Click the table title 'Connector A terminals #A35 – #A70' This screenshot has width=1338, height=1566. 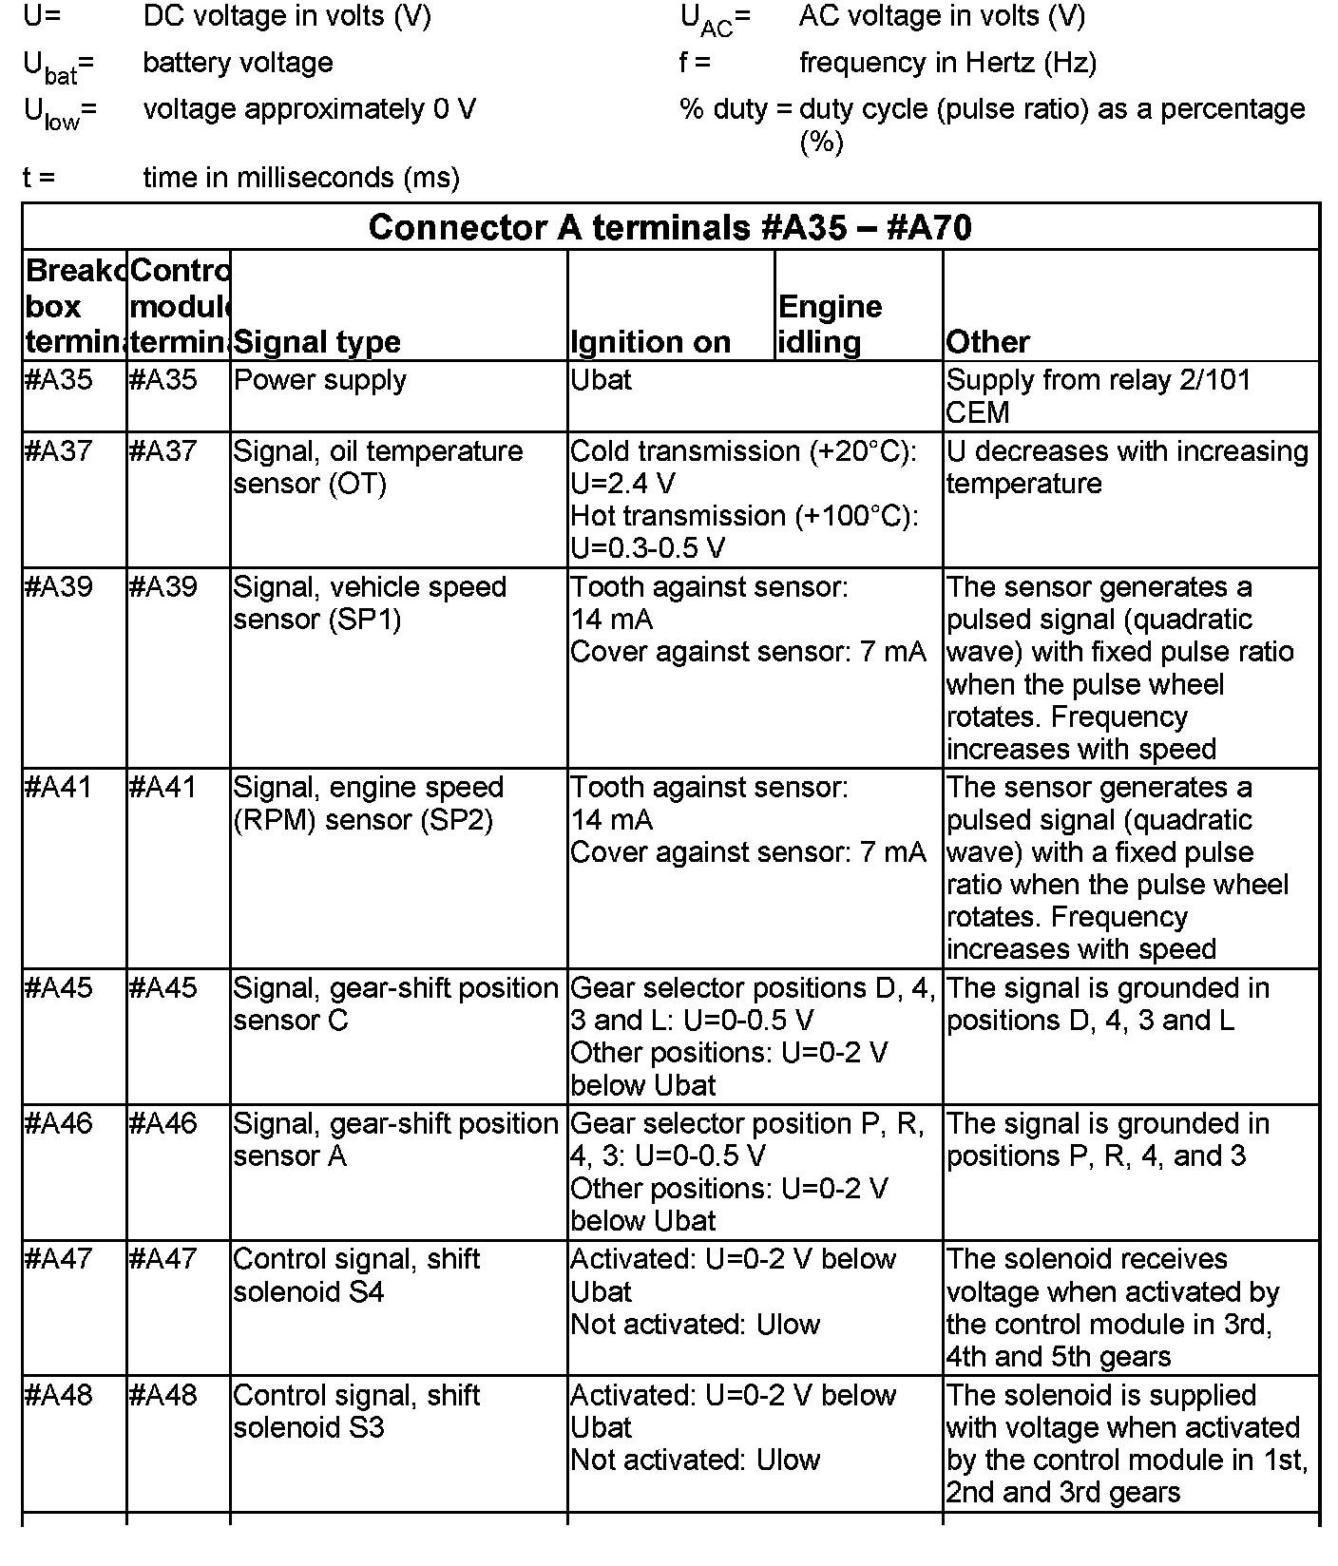(x=670, y=228)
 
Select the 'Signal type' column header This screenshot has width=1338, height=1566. (x=317, y=342)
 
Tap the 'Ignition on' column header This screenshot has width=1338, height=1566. (x=651, y=342)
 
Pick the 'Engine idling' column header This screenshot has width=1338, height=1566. (x=830, y=324)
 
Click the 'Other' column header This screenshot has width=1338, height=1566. (x=988, y=342)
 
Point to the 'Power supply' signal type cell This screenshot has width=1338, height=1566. (x=320, y=380)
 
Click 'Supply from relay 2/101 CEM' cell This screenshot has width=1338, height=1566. (x=1098, y=396)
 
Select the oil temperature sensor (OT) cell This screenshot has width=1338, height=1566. (x=377, y=467)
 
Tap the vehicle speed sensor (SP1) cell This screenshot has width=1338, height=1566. (x=370, y=602)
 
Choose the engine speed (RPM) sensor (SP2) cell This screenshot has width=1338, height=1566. (x=368, y=803)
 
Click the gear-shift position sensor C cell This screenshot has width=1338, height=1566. (x=394, y=1003)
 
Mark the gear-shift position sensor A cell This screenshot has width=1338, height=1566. (x=394, y=1139)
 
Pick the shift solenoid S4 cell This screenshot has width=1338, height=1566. (x=356, y=1275)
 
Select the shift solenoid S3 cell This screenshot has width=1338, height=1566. (x=356, y=1411)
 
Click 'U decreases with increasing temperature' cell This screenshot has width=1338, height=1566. (x=1127, y=467)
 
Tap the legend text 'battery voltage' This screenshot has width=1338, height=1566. (x=238, y=63)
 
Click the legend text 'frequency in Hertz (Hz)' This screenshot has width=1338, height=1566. (x=947, y=63)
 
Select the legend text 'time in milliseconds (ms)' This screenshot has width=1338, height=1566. (x=301, y=178)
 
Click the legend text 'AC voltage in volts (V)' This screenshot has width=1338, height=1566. (x=942, y=16)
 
